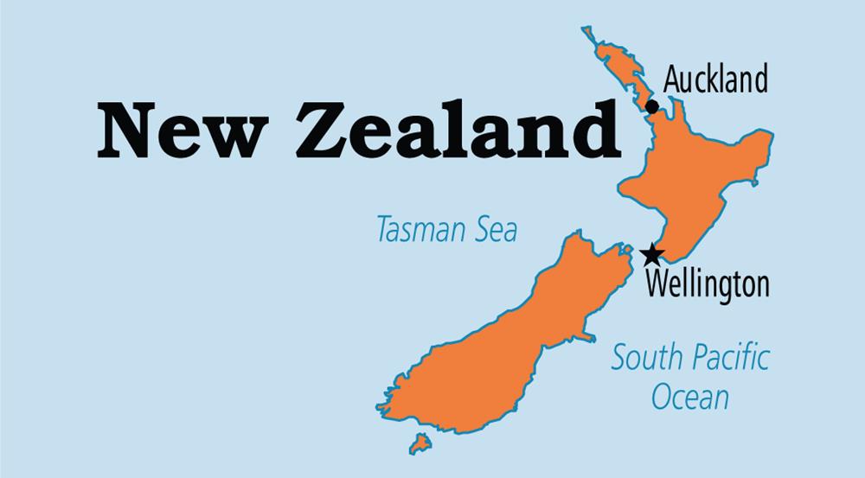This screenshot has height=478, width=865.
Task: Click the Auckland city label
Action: click(x=715, y=80)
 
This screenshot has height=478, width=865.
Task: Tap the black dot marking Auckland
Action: click(x=652, y=106)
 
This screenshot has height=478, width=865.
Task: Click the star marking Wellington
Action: click(x=653, y=254)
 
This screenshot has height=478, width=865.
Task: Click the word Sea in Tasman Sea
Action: click(x=495, y=230)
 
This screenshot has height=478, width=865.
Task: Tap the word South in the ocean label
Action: click(x=645, y=356)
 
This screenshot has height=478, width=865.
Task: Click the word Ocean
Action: click(x=689, y=398)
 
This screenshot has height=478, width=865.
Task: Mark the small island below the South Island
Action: click(x=420, y=443)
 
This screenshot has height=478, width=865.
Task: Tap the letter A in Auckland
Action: click(x=672, y=80)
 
